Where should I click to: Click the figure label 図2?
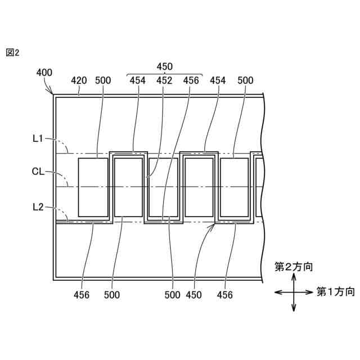[12, 52]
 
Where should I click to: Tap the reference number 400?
[44, 73]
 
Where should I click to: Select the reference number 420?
[79, 80]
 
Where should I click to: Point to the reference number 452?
[164, 80]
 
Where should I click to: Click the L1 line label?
[38, 138]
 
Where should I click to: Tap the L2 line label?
[38, 207]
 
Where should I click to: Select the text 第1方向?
[335, 291]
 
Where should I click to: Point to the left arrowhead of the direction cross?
[276, 291]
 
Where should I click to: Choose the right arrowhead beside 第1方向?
[310, 291]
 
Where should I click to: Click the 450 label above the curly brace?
[165, 66]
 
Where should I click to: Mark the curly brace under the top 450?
[165, 74]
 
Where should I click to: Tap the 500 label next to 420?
[103, 80]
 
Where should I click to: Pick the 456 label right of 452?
[191, 80]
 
